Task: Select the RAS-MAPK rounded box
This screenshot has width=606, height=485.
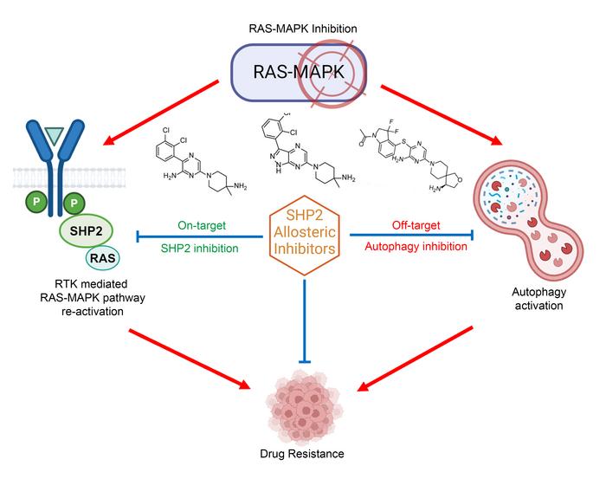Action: tap(286, 74)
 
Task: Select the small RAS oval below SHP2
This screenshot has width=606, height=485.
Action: tap(101, 258)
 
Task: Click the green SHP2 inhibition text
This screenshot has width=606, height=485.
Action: tap(198, 247)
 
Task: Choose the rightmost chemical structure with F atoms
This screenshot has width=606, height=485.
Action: tap(416, 156)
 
